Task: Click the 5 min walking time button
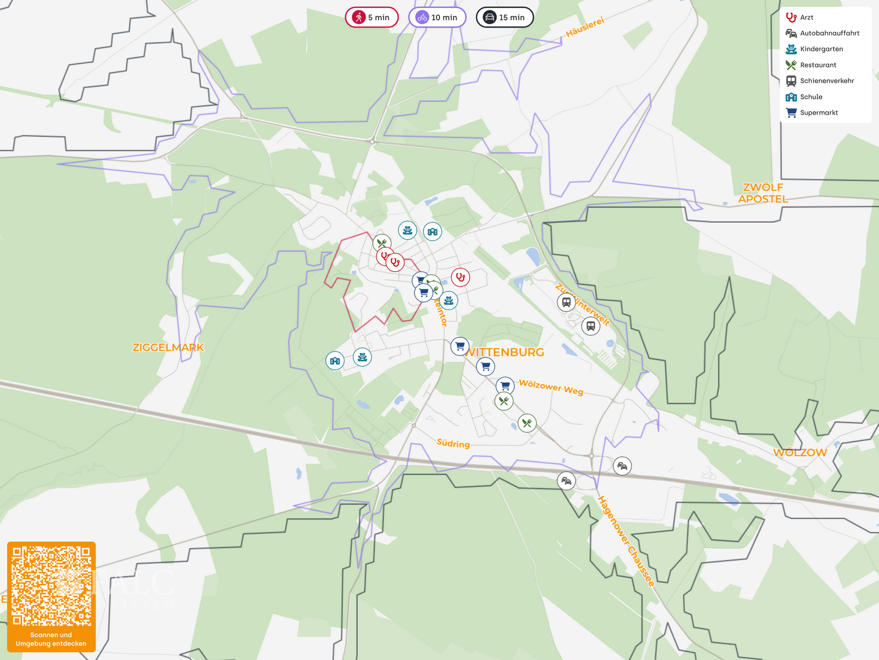(x=371, y=17)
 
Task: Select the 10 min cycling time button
(x=437, y=17)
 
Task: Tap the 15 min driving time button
(x=504, y=17)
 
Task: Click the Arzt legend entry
(x=806, y=17)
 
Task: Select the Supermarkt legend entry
(x=819, y=112)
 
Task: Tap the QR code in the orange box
(x=51, y=586)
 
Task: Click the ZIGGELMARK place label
(x=168, y=347)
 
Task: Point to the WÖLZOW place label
(x=800, y=452)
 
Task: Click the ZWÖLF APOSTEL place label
(x=763, y=193)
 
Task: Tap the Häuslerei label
(x=585, y=27)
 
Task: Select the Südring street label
(x=453, y=443)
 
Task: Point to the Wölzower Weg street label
(x=551, y=388)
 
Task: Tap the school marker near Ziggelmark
(x=335, y=361)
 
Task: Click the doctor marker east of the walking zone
(x=460, y=277)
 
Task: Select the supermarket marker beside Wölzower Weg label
(x=505, y=386)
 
